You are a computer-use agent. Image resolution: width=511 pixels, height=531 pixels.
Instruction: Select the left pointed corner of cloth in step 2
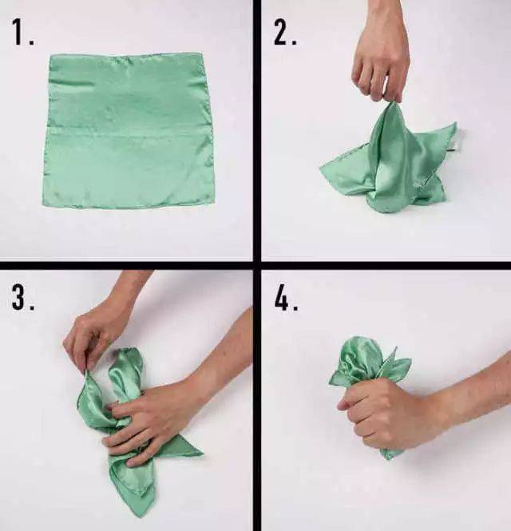click(x=323, y=168)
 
